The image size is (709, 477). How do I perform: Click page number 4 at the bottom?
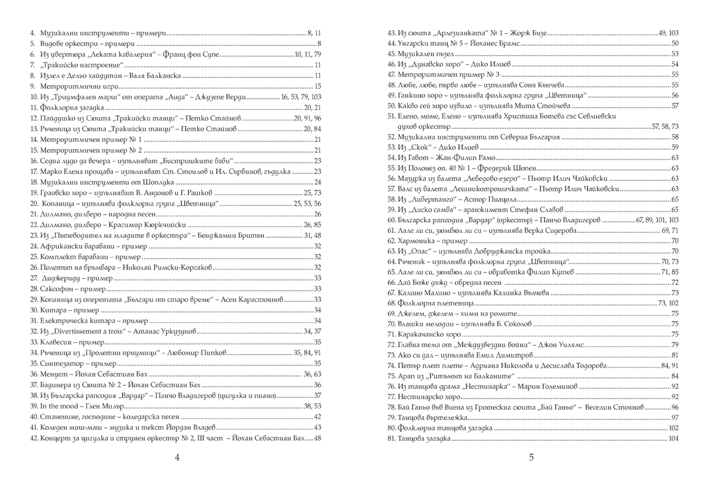[x=177, y=457]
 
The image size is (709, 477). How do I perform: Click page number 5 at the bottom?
[x=531, y=457]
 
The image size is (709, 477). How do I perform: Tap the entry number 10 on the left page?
[x=33, y=96]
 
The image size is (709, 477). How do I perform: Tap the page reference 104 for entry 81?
[x=673, y=438]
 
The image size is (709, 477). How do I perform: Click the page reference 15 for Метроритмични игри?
[x=317, y=86]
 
